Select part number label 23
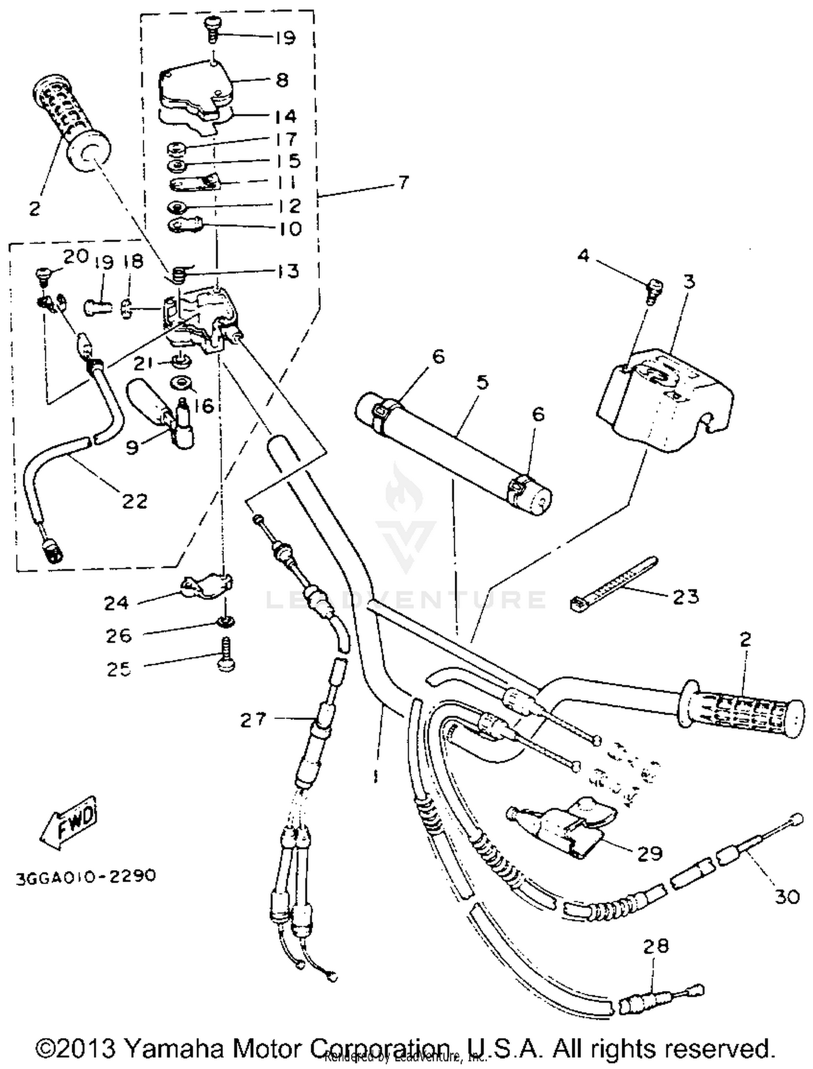pyautogui.click(x=686, y=597)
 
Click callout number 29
pyautogui.click(x=650, y=853)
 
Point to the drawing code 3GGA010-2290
pyautogui.click(x=86, y=876)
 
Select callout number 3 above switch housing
pyautogui.click(x=689, y=282)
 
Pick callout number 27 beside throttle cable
pyautogui.click(x=254, y=720)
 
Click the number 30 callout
pyautogui.click(x=787, y=897)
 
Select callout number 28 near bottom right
pyautogui.click(x=656, y=947)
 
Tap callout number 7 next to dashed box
pyautogui.click(x=403, y=183)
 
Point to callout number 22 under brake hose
pyautogui.click(x=134, y=501)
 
